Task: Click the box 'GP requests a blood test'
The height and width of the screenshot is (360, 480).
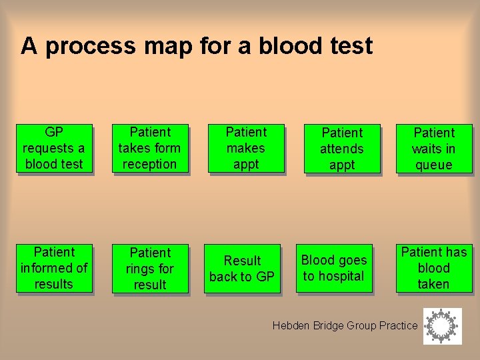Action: click(53, 148)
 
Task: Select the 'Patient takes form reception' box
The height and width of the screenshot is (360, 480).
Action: click(150, 148)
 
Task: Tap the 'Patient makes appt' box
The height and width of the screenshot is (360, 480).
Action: click(246, 148)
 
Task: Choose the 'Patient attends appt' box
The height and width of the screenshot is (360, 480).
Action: click(342, 149)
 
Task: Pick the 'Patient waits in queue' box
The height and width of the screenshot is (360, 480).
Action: click(434, 149)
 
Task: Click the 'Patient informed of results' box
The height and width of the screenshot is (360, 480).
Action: click(53, 268)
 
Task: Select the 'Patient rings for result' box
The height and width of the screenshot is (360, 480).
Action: click(150, 269)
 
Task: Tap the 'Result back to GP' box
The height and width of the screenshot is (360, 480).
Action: click(242, 269)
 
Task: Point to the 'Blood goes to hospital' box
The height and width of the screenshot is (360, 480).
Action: click(334, 268)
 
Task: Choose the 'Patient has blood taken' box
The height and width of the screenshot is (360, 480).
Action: click(434, 268)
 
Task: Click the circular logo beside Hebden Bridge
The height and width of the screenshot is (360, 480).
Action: click(442, 326)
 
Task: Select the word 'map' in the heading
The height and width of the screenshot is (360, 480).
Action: click(167, 47)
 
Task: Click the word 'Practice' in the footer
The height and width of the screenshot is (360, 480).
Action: click(398, 325)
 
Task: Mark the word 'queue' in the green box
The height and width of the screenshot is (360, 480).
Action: click(434, 165)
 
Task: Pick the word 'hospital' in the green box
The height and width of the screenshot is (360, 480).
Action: click(341, 276)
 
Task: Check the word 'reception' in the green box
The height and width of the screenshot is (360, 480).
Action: click(150, 164)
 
